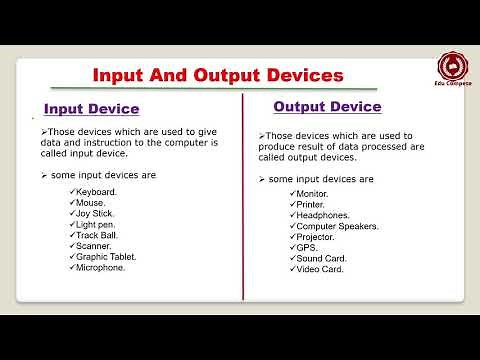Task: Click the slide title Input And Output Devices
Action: [x=218, y=76]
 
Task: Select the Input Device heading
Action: [x=91, y=109]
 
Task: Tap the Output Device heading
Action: [x=327, y=106]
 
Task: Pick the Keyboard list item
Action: [x=96, y=191]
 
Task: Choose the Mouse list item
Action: [x=92, y=202]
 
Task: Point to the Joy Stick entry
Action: [x=95, y=213]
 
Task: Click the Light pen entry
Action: [x=97, y=224]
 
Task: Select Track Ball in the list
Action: [x=97, y=235]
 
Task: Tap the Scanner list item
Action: [x=94, y=246]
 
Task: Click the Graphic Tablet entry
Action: [x=106, y=257]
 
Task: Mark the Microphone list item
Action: [x=101, y=268]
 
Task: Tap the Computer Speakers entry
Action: [x=335, y=226]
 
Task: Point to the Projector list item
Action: [x=315, y=237]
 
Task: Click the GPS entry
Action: [x=305, y=248]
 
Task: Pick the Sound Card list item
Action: [x=320, y=258]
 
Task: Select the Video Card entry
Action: [x=319, y=269]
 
